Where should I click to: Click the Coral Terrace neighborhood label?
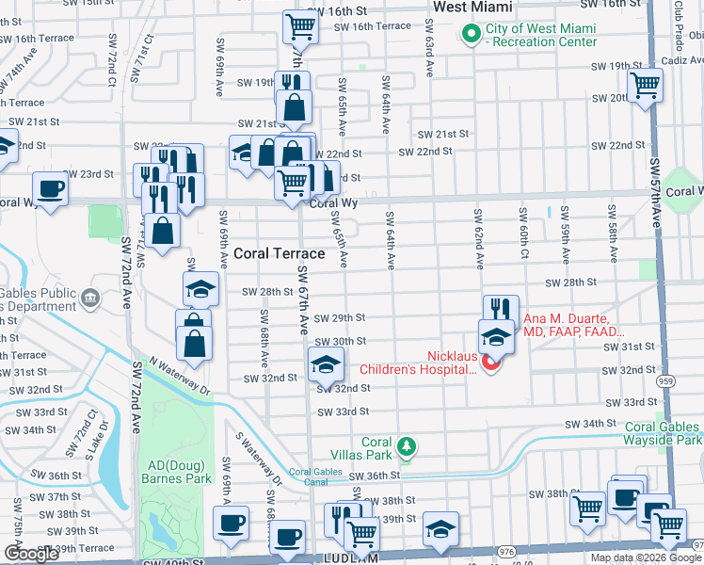279,253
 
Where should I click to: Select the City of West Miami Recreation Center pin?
470,35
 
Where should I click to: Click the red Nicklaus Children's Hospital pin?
490,362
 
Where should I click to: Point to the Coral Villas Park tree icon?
406,444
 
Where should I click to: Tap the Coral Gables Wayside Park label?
663,433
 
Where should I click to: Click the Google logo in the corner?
31,554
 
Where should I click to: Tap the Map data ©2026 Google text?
646,557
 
